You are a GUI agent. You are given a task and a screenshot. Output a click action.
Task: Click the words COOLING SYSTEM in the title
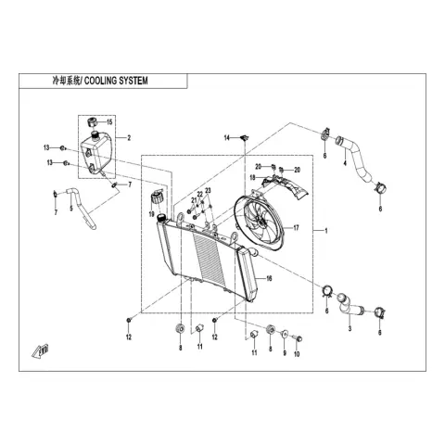tap(116, 81)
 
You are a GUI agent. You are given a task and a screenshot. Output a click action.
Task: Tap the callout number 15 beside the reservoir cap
tap(109, 122)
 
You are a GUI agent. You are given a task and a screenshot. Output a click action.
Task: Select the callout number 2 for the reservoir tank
tap(129, 138)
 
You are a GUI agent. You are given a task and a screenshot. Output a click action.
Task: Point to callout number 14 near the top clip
tap(227, 138)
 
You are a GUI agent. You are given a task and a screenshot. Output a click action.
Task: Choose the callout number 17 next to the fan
tap(296, 228)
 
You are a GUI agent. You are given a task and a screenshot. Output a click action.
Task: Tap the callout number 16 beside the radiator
tap(269, 279)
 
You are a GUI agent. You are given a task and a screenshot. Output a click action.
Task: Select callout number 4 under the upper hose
tap(345, 162)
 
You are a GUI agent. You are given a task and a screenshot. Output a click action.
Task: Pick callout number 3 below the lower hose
tap(350, 328)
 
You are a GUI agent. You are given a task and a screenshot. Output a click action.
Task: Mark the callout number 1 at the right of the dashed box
tap(325, 231)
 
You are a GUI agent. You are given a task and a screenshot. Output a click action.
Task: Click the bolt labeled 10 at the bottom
tap(299, 339)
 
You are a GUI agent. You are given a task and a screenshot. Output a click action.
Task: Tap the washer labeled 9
tap(285, 334)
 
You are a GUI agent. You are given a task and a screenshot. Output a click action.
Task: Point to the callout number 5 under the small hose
tap(71, 209)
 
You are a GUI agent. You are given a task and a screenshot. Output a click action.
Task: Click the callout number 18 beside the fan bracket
tap(252, 178)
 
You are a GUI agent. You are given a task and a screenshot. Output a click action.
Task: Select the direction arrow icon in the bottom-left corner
tap(40, 351)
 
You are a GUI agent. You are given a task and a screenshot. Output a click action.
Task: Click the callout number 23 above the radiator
tap(208, 190)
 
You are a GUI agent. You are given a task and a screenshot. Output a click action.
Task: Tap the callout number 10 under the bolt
tap(297, 354)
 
